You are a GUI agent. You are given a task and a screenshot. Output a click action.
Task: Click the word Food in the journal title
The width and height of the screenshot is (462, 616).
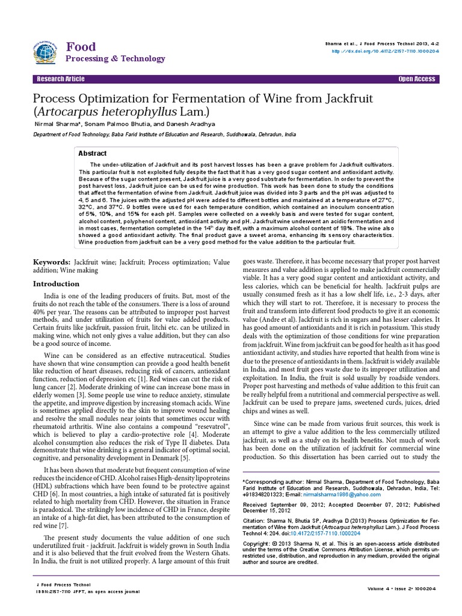click(81, 47)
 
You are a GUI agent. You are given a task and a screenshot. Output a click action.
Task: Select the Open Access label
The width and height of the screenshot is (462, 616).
click(416, 79)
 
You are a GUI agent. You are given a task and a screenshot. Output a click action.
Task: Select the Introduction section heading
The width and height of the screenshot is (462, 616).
click(56, 283)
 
